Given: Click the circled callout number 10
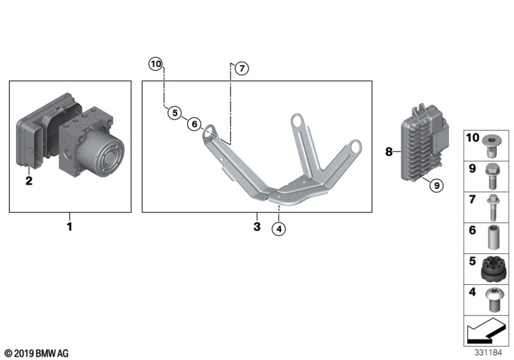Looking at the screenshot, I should [156, 64].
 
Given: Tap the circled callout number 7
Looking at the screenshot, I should [240, 68].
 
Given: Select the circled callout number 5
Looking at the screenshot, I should [174, 113].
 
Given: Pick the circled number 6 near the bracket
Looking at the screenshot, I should [194, 124].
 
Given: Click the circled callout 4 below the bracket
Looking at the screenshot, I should [278, 228].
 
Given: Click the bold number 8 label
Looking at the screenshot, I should [388, 152].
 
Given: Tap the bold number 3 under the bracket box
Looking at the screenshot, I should [256, 226].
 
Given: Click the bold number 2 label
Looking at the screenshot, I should [28, 181].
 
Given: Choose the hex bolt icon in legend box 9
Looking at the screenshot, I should [493, 174].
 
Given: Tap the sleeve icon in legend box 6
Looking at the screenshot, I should [493, 237].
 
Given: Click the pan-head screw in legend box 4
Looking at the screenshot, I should [493, 300].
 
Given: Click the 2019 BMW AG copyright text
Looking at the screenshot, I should [36, 353].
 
